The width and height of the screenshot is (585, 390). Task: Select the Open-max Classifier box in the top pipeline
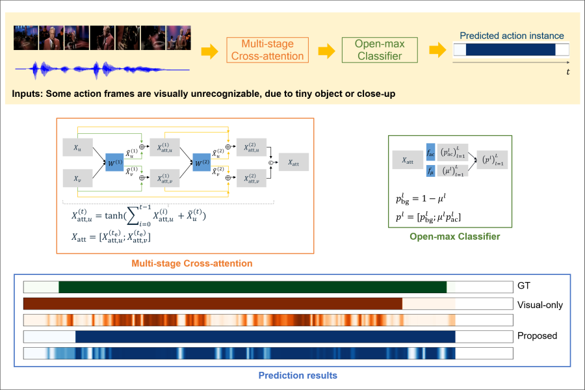point(380,50)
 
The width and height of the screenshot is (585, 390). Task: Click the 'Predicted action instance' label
point(512,36)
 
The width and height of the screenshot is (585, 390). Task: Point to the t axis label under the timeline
point(567,71)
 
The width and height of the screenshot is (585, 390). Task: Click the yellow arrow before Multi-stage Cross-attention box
point(209,51)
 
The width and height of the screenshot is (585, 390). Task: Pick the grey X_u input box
point(78,147)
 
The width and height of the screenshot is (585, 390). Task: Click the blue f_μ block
point(430,170)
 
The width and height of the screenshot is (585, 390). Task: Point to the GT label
point(525,286)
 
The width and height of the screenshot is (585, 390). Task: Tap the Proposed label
point(538,336)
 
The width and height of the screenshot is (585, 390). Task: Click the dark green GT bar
point(252,287)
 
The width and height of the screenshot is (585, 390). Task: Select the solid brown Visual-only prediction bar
point(213,304)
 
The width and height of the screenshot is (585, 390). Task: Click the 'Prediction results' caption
point(298,375)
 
